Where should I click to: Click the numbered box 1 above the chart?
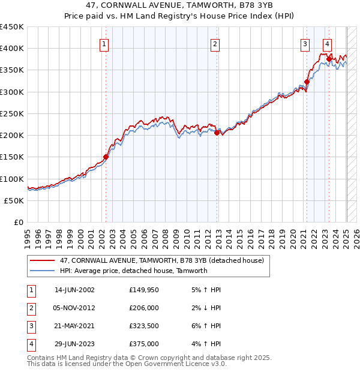(104, 44)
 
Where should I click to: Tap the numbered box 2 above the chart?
(215, 44)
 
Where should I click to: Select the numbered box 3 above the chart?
(305, 44)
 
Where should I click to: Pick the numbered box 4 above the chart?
(327, 44)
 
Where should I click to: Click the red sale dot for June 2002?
(106, 157)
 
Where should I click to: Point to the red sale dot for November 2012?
(217, 133)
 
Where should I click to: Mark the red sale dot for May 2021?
(307, 82)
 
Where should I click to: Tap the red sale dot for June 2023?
(329, 59)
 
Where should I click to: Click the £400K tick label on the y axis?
(12, 49)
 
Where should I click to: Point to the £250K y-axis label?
(12, 113)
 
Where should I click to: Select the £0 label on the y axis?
(18, 223)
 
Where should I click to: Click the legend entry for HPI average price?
(133, 271)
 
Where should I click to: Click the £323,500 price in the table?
(144, 327)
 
